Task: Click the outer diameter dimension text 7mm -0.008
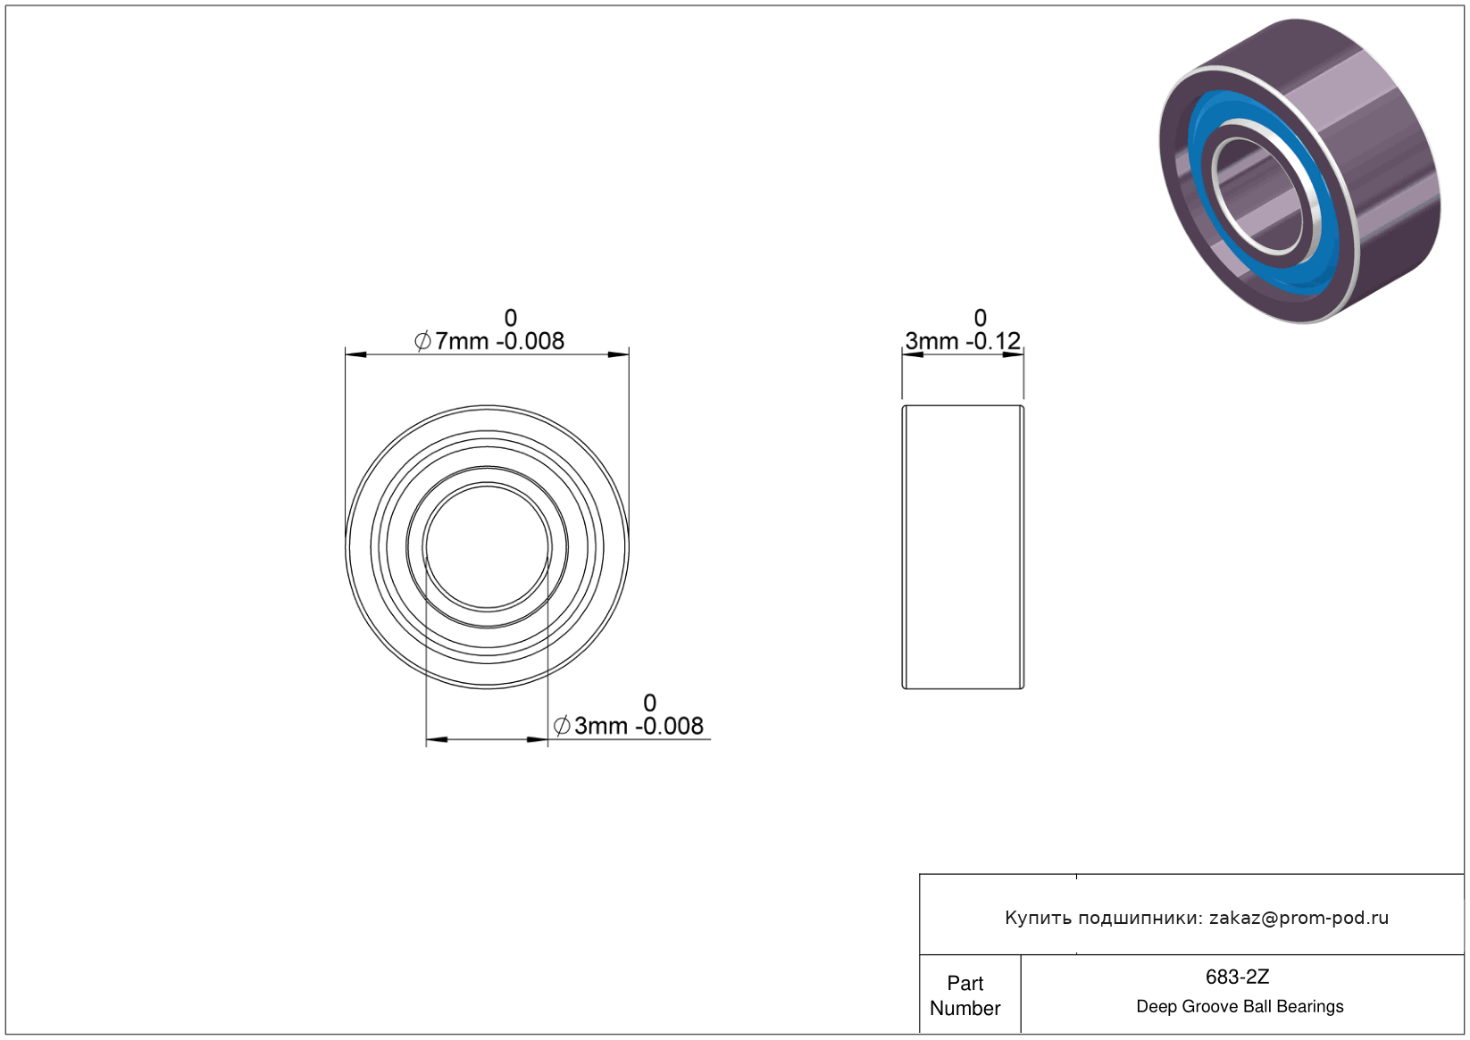[499, 341]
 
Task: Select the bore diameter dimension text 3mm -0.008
[639, 726]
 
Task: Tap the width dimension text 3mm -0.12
[963, 341]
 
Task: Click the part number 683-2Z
[1237, 977]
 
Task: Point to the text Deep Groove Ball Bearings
[1240, 1006]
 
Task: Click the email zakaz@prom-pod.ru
[1299, 918]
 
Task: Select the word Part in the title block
[965, 983]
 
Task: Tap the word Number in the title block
[965, 1008]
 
